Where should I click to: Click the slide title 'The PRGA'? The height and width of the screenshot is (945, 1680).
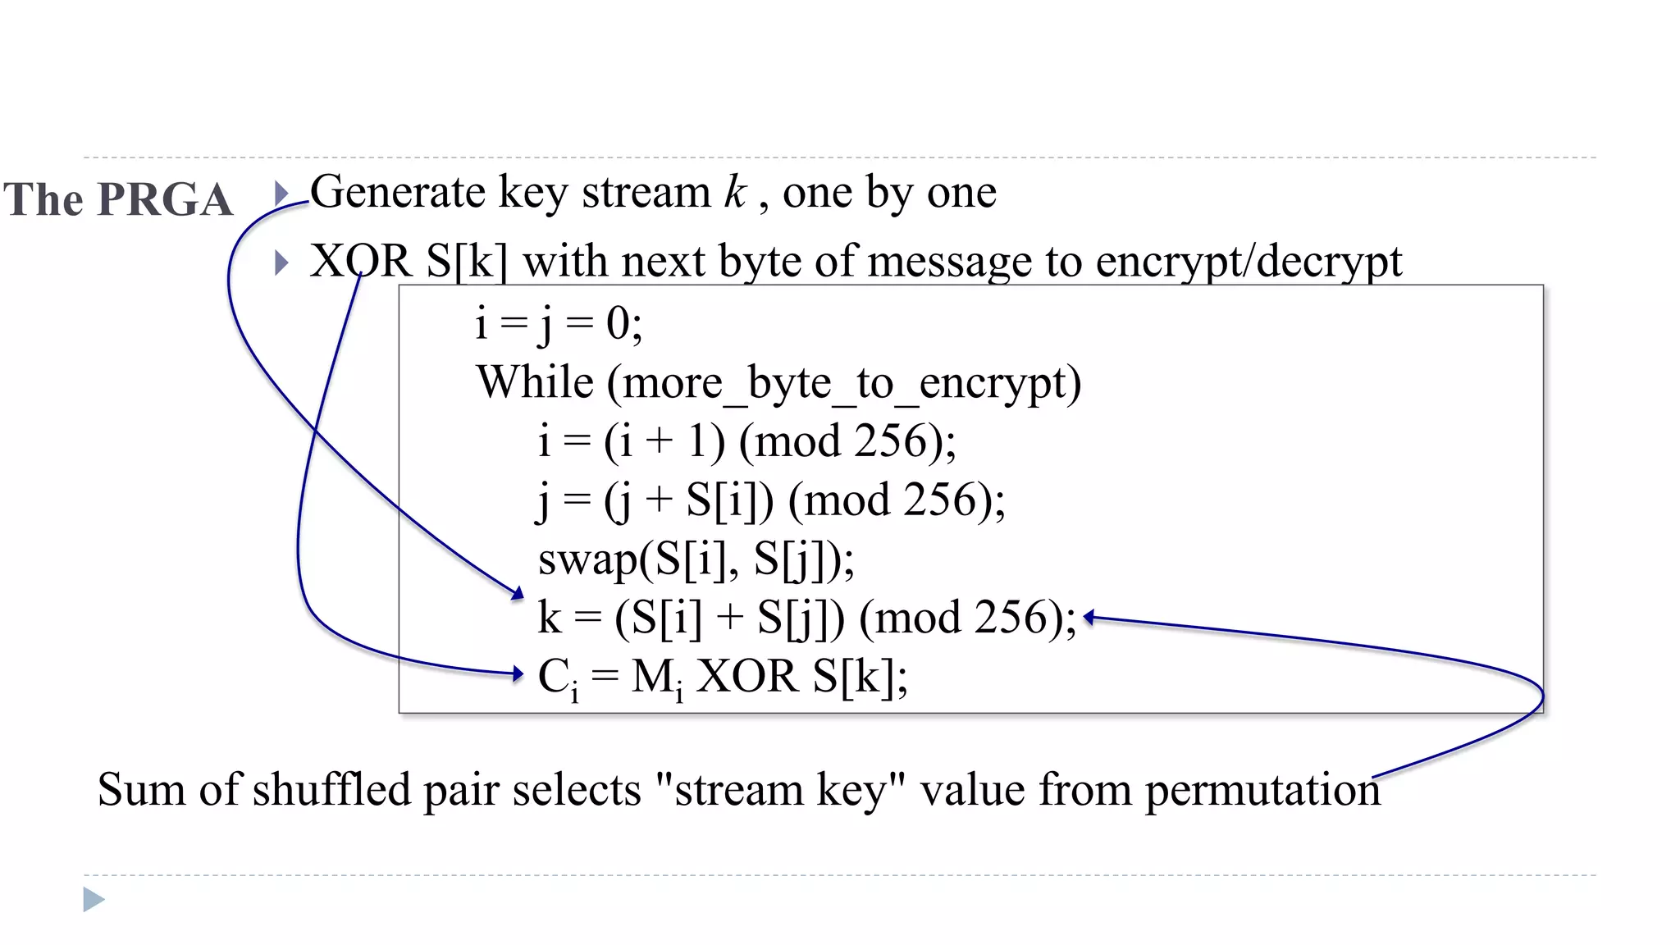[x=118, y=199]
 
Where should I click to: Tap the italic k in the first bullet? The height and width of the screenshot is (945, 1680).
[x=734, y=192]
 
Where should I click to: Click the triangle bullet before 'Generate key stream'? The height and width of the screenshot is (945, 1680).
[x=281, y=194]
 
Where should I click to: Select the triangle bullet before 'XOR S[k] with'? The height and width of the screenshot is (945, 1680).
[x=281, y=262]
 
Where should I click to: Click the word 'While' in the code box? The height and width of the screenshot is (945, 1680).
[x=535, y=382]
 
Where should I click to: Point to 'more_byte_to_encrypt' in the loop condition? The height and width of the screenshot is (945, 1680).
[x=844, y=384]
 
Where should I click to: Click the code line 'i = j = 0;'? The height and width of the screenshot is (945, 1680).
[x=559, y=322]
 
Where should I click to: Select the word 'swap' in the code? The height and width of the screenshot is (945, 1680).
[x=587, y=560]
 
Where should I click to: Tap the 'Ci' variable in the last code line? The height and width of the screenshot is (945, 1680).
[x=559, y=678]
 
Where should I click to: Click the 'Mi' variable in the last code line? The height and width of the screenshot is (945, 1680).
[x=657, y=678]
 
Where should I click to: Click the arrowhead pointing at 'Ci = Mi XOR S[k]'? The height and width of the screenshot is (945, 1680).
[x=517, y=674]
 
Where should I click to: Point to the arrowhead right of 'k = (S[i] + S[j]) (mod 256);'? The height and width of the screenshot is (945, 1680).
[x=1089, y=618]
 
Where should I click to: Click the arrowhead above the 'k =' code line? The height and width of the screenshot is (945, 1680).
[x=517, y=593]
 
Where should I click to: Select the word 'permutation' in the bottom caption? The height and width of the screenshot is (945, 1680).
[x=1262, y=790]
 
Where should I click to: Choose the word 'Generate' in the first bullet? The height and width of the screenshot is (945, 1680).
[x=398, y=192]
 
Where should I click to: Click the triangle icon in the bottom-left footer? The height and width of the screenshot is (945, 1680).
[x=94, y=899]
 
